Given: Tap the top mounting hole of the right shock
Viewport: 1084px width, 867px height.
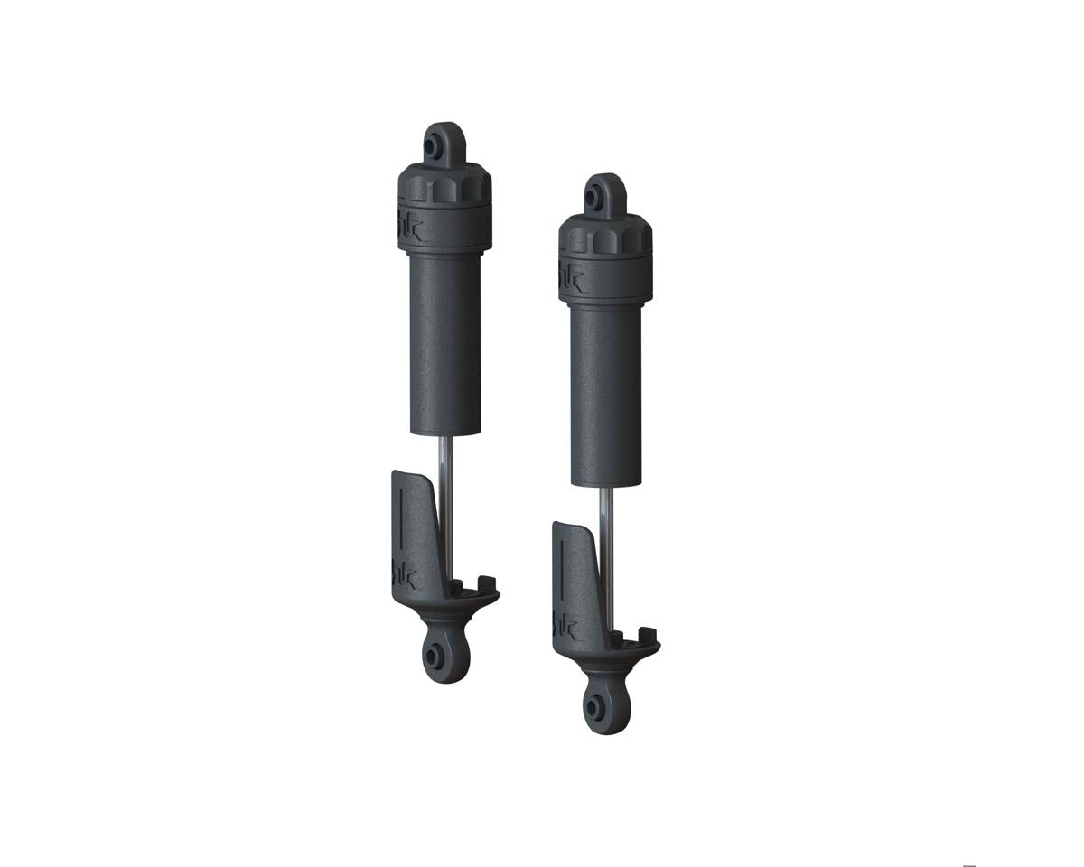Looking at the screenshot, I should pos(597,197).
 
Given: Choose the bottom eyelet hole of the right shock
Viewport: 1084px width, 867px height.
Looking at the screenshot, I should pos(595,706).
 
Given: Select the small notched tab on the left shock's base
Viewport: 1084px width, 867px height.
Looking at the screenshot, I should pos(484,583).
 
